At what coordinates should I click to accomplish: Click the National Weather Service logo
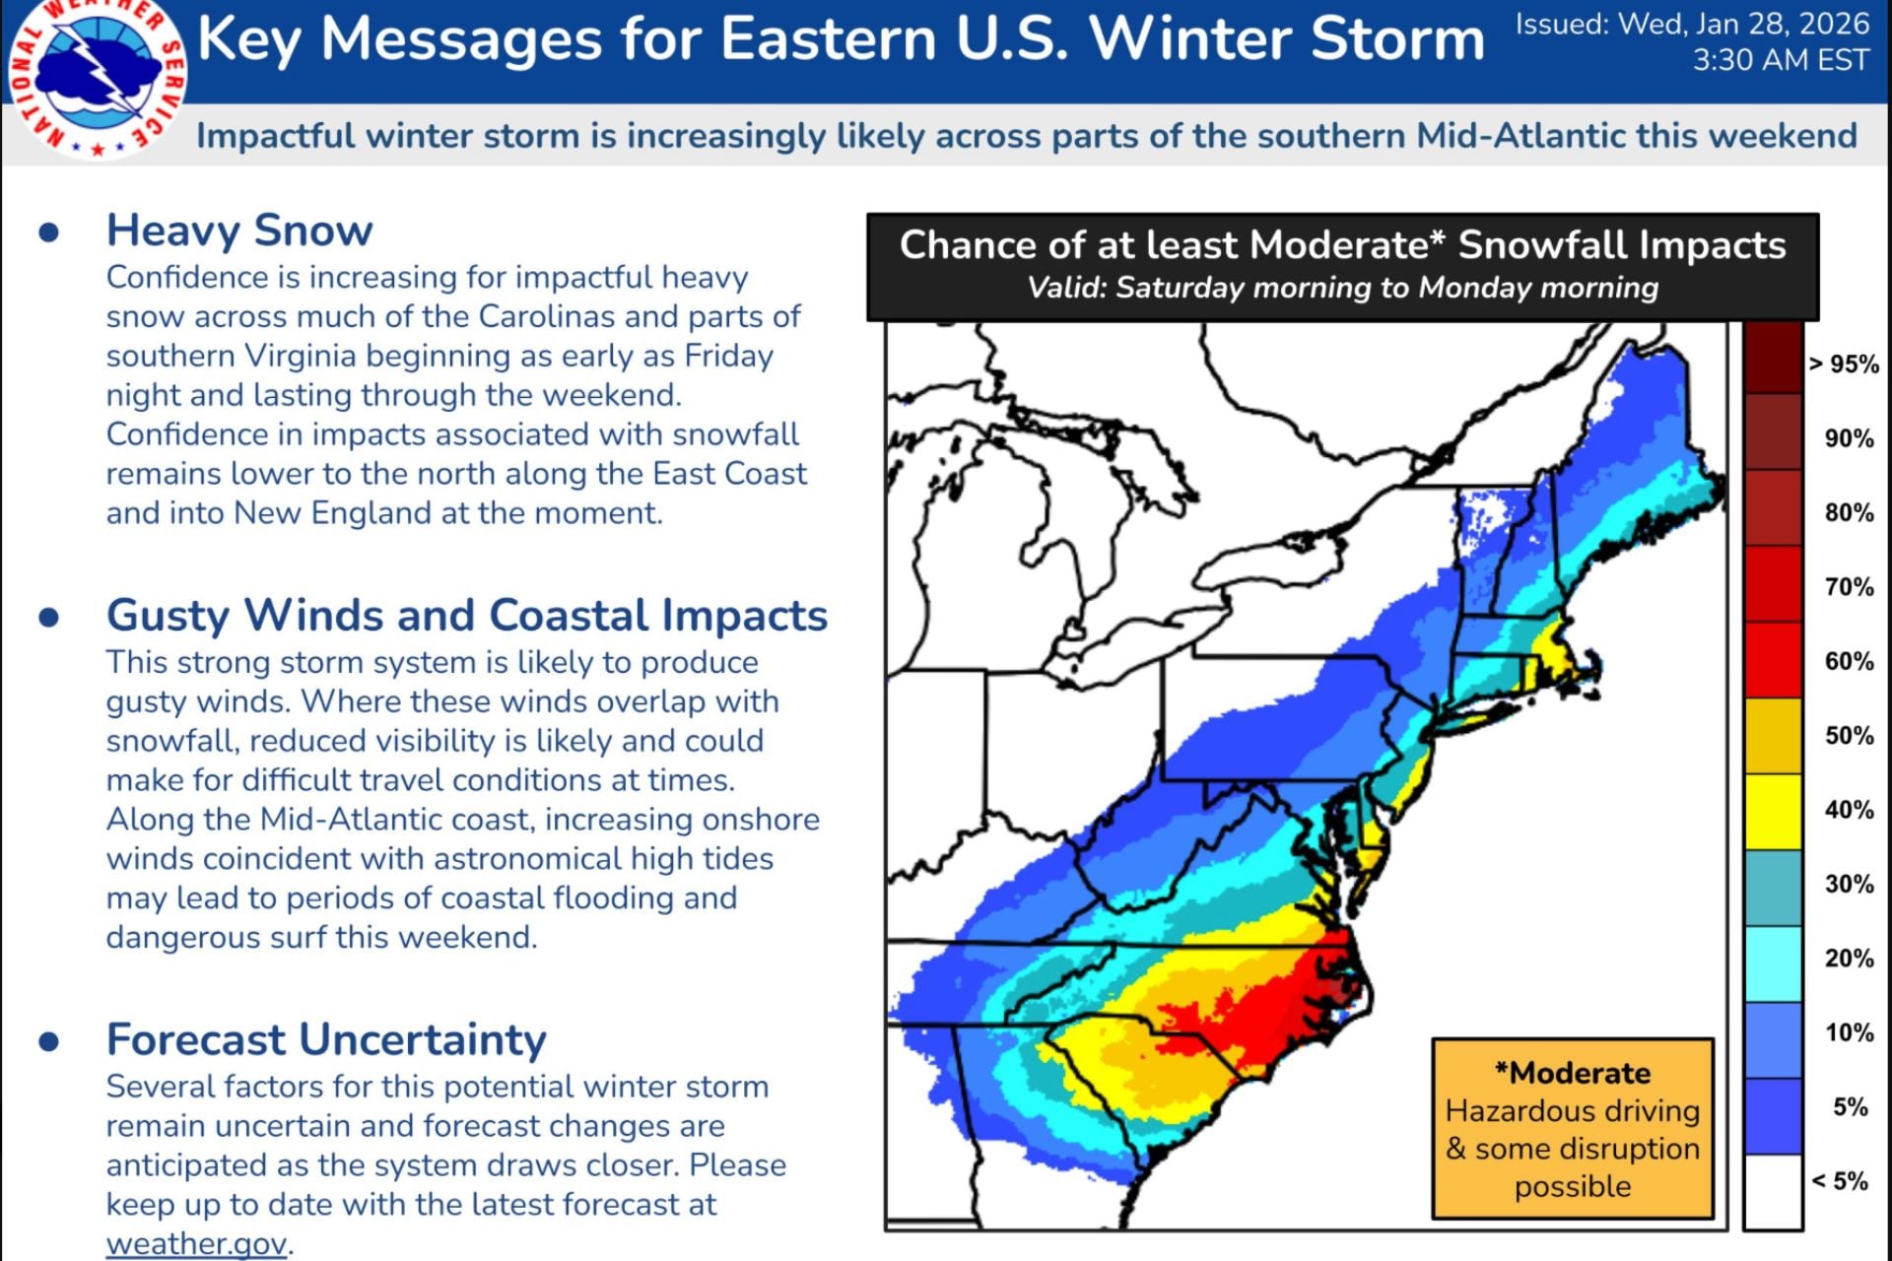point(96,75)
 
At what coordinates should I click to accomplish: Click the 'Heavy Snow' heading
point(239,231)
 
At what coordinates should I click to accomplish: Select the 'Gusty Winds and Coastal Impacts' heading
point(466,616)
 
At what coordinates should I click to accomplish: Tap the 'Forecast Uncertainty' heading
point(326,1040)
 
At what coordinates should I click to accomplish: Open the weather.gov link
point(196,1243)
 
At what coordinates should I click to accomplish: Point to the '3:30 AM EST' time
point(1780,61)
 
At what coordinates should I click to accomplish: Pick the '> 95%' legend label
point(1843,365)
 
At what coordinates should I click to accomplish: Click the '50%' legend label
point(1849,736)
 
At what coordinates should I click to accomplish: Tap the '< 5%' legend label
point(1840,1181)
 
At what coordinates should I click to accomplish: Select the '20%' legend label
point(1849,959)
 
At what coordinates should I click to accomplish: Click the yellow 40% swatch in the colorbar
point(1773,811)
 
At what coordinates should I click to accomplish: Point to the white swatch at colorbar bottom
point(1773,1192)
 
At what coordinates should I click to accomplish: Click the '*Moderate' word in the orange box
point(1572,1073)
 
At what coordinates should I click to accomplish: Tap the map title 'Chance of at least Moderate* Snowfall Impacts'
point(1342,245)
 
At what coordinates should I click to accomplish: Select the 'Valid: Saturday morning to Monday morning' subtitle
point(1342,288)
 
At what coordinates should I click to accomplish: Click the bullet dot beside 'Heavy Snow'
point(49,232)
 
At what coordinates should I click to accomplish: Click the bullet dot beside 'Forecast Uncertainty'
point(49,1041)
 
